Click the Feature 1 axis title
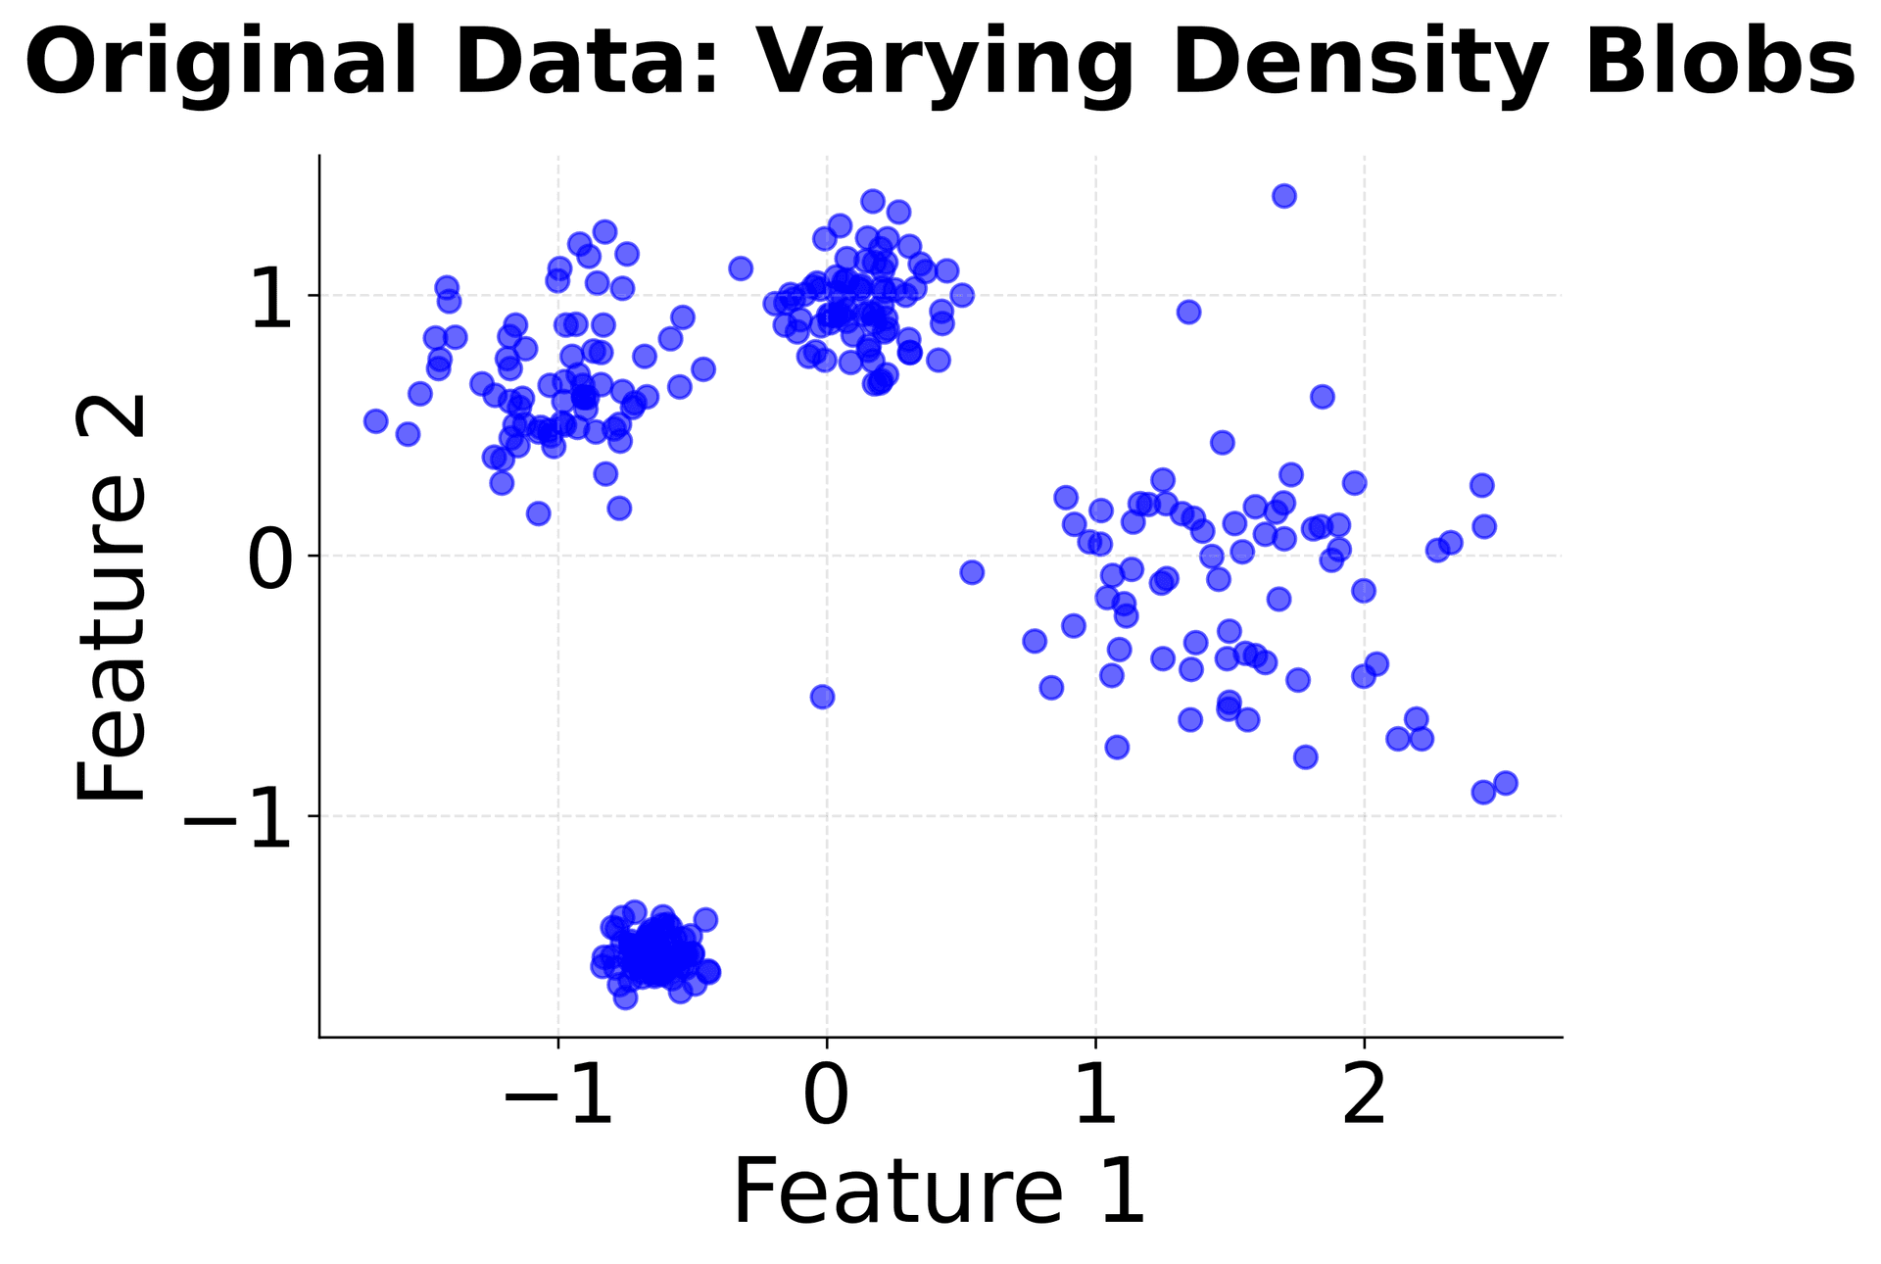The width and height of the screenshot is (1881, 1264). pos(940,1191)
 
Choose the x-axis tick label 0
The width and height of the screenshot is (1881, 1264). pos(826,1097)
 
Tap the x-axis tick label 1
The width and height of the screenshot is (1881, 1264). pos(1096,1097)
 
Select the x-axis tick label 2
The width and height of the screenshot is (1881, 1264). pos(1365,1097)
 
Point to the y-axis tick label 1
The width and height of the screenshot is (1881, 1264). pos(271,303)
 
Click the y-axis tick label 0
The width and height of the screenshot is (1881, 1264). pos(269,562)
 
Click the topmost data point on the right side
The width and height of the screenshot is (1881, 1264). pos(1284,196)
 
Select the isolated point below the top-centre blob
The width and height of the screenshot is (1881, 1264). pos(823,697)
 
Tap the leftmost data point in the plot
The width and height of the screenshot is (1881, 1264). pos(375,420)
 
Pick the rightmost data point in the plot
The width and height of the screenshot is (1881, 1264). pos(1506,783)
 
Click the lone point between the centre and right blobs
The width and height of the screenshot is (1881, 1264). pos(972,572)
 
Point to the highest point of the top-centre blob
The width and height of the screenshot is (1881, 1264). pos(873,201)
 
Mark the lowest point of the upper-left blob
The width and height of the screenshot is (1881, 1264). pos(538,513)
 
